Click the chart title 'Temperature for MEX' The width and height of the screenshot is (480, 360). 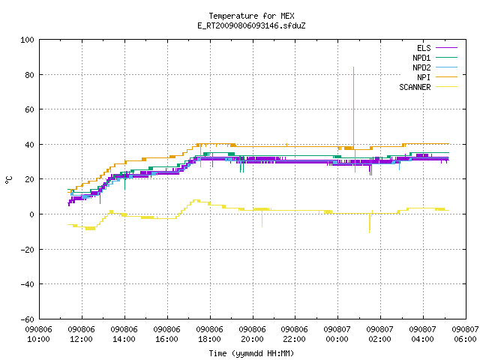(x=251, y=16)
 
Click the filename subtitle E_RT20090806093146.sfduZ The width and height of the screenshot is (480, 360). (x=251, y=25)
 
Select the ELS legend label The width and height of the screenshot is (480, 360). (x=424, y=48)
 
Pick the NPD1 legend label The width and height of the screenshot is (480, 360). (x=421, y=58)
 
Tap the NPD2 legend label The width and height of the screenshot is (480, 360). (x=421, y=67)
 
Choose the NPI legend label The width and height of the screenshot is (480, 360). (x=424, y=77)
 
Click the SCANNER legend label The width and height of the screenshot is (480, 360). (x=415, y=87)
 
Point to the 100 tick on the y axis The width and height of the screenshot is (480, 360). (x=27, y=40)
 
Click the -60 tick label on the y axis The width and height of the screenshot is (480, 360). (x=27, y=319)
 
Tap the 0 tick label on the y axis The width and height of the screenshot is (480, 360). (x=31, y=214)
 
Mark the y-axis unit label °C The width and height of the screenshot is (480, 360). (x=9, y=180)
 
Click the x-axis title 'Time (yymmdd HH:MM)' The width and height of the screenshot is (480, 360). (x=251, y=353)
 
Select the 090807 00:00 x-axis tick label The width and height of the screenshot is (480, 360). (x=337, y=334)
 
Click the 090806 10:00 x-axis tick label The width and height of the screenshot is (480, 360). (x=38, y=334)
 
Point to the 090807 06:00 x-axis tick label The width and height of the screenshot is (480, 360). (x=465, y=334)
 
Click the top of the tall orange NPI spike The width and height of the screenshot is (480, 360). (x=353, y=67)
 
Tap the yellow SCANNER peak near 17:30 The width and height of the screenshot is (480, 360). (x=195, y=200)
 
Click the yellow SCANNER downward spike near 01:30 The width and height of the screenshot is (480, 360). (x=370, y=232)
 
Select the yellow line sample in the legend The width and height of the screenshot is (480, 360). (x=446, y=87)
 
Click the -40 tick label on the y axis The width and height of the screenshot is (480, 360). (x=27, y=284)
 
